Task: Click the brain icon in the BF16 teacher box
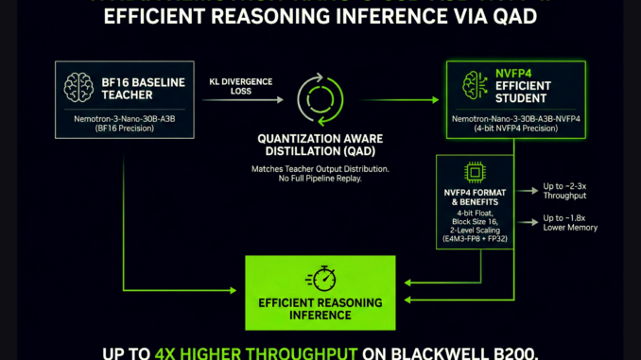click(78, 86)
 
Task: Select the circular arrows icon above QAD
click(317, 98)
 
